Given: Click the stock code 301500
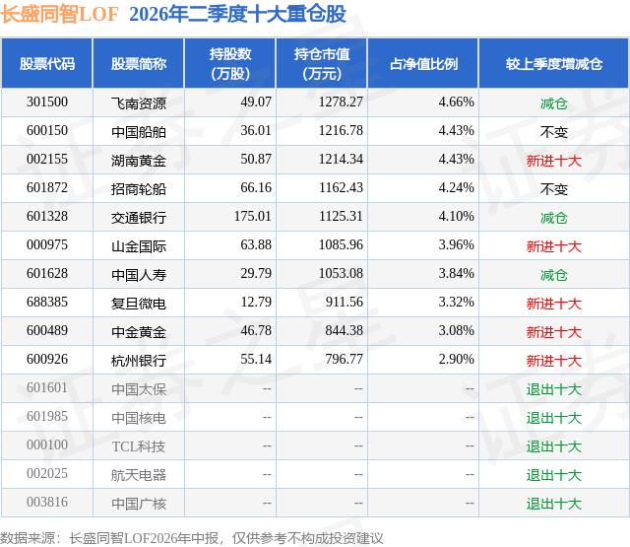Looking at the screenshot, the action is (x=47, y=103).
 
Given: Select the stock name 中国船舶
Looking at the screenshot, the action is (x=139, y=132).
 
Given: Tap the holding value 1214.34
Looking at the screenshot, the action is (x=341, y=160).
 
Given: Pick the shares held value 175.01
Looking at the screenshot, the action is (x=253, y=217).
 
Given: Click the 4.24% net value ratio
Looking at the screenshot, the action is (x=456, y=188).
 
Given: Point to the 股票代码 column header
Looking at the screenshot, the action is (x=47, y=64).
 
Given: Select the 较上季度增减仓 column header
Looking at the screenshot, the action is (x=554, y=64).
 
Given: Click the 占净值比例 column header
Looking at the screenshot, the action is (x=423, y=64).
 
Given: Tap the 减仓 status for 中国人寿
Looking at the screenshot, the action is (x=554, y=275).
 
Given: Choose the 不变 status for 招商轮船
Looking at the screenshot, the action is (x=554, y=189).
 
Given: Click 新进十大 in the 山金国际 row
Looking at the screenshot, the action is (x=554, y=246).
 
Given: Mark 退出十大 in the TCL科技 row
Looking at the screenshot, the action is (x=554, y=446).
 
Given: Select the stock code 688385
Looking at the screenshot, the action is (x=47, y=302).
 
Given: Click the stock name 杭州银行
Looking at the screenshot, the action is (x=139, y=361).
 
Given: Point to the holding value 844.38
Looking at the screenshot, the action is (x=344, y=330).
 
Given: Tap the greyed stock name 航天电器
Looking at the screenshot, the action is (x=139, y=475).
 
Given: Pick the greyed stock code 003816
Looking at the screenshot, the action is (x=47, y=502).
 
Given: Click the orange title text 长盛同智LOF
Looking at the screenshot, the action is (x=59, y=14).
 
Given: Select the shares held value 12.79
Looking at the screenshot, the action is (x=256, y=302).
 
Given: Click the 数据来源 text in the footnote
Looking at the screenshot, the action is (x=28, y=538).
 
